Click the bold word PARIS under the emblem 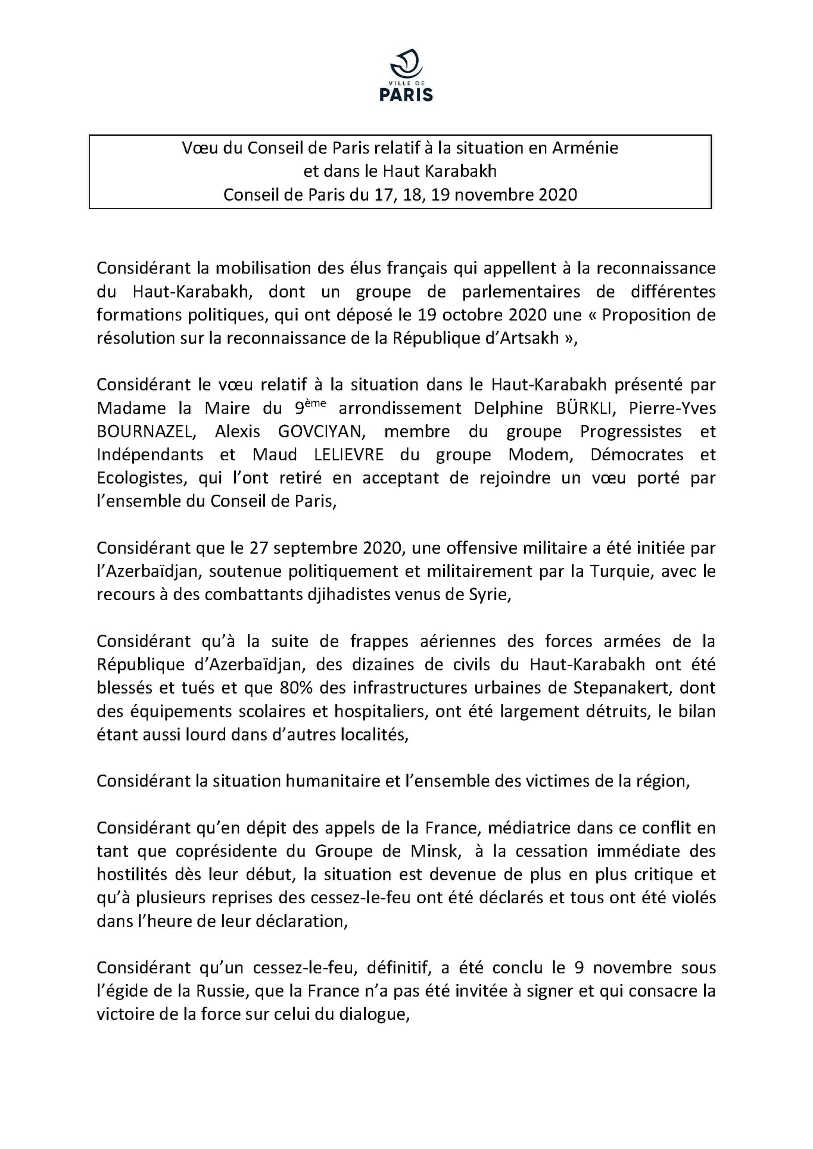(x=406, y=95)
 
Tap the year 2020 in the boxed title (x=557, y=195)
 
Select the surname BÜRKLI (x=586, y=408)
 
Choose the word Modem (x=541, y=455)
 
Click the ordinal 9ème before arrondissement (x=310, y=407)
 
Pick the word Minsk (x=435, y=851)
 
